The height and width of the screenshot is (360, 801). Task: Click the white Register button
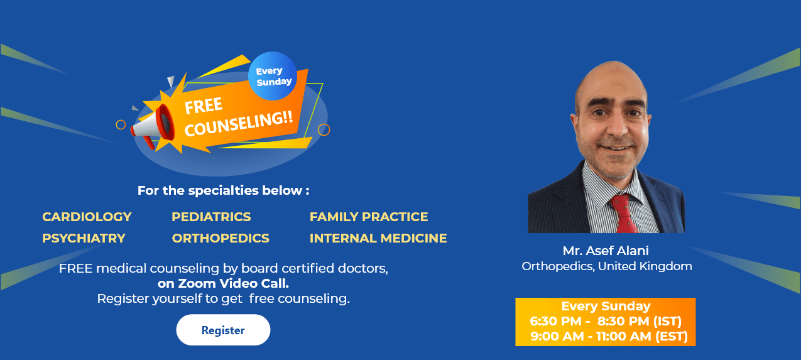coord(223,330)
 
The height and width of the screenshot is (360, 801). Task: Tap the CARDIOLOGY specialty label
coord(87,217)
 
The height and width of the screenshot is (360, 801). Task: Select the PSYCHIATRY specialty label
coord(84,238)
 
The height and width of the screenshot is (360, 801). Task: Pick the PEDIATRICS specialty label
coord(211,217)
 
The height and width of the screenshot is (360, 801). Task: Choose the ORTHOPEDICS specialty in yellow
coord(221,238)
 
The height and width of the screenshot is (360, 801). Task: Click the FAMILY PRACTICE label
coord(369,217)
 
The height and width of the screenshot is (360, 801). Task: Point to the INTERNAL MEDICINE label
coord(378,238)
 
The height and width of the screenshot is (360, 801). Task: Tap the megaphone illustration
coord(153,124)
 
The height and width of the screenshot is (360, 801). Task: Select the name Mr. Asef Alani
coord(606,251)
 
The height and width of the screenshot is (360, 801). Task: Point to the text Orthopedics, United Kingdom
coord(607,266)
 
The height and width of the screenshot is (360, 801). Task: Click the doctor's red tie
coord(624,214)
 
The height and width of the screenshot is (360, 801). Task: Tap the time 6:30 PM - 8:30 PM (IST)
coord(606,322)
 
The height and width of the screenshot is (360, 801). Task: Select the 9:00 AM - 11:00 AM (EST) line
coord(609,337)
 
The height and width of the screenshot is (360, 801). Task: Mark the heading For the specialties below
coord(223,190)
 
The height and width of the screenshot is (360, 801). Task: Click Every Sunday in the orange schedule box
coord(606,307)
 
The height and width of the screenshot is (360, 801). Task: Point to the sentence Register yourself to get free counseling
coord(223,298)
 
